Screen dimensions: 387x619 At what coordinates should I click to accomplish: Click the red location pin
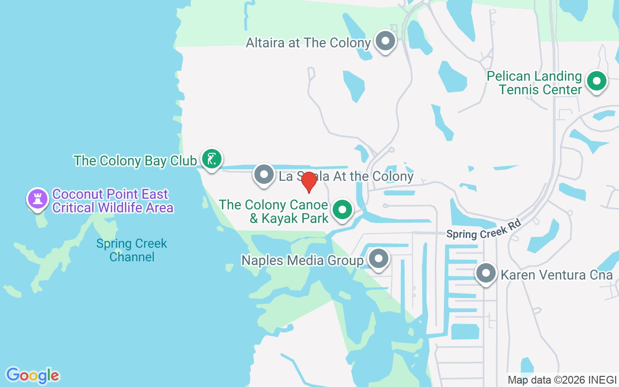pyautogui.click(x=309, y=182)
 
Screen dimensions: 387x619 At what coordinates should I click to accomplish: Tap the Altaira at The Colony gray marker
pyautogui.click(x=385, y=41)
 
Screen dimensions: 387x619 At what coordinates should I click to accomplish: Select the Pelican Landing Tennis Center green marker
pyautogui.click(x=596, y=81)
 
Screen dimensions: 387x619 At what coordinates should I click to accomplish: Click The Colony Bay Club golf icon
pyautogui.click(x=211, y=159)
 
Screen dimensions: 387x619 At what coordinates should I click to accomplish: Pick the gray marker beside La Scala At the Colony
pyautogui.click(x=264, y=174)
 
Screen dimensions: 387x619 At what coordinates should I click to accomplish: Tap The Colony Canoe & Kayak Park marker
pyautogui.click(x=343, y=210)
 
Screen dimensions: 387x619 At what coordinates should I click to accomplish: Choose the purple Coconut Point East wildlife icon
pyautogui.click(x=38, y=198)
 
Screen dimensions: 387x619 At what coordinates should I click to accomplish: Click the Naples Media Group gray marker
pyautogui.click(x=378, y=259)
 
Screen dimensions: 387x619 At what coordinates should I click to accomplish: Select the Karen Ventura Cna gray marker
pyautogui.click(x=486, y=273)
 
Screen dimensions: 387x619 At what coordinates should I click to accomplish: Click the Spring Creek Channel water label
pyautogui.click(x=132, y=250)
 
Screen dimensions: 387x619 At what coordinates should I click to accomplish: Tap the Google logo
pyautogui.click(x=32, y=375)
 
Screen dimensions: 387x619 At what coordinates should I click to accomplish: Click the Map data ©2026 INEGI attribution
pyautogui.click(x=562, y=380)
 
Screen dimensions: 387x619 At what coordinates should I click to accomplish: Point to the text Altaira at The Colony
pyautogui.click(x=308, y=43)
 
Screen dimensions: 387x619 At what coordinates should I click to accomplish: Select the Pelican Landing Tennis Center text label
pyautogui.click(x=534, y=83)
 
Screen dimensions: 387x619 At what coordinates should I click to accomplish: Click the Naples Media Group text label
pyautogui.click(x=302, y=261)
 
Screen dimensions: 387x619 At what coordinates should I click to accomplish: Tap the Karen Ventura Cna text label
pyautogui.click(x=557, y=275)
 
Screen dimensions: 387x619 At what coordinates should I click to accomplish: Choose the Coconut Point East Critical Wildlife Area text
pyautogui.click(x=113, y=201)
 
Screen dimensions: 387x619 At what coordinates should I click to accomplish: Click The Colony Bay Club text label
pyautogui.click(x=135, y=161)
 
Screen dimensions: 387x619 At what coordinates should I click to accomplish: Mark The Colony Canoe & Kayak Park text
pyautogui.click(x=274, y=211)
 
